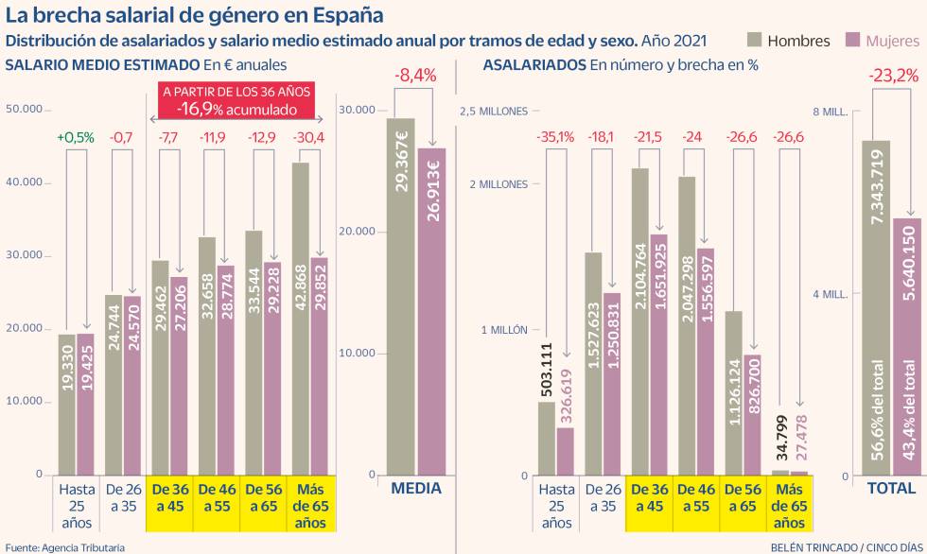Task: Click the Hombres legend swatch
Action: [x=754, y=40]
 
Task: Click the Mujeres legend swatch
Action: [x=850, y=40]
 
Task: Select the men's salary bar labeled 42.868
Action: [x=301, y=321]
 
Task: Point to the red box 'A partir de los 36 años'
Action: [x=236, y=101]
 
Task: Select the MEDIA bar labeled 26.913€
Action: [x=431, y=312]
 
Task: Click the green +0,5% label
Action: [x=76, y=137]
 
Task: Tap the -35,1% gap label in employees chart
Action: [x=555, y=137]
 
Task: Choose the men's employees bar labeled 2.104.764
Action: [x=640, y=321]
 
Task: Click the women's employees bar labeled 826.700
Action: [x=752, y=416]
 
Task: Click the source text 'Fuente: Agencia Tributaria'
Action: [x=64, y=546]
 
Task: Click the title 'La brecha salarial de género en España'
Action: [x=194, y=15]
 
